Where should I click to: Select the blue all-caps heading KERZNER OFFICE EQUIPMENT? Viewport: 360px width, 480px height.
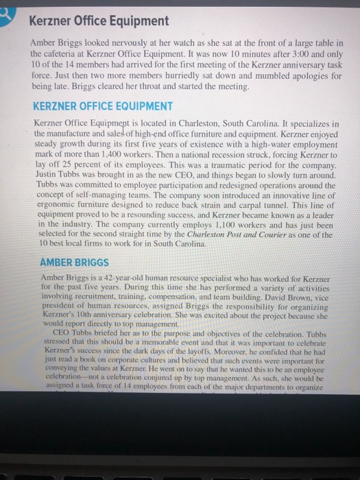(x=103, y=106)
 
